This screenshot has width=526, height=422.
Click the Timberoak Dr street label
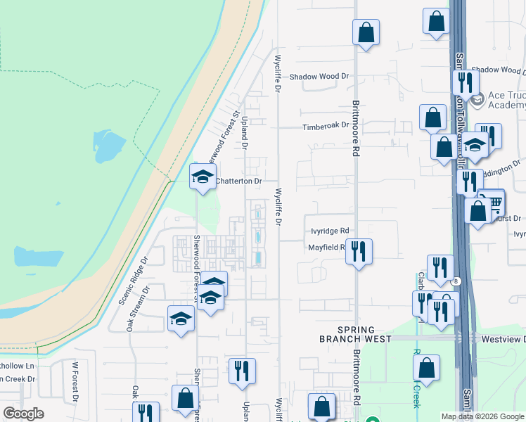click(x=326, y=126)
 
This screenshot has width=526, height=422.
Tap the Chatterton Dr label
click(x=238, y=181)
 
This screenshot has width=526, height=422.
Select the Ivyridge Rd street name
click(x=330, y=231)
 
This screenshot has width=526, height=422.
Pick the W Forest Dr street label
click(x=75, y=382)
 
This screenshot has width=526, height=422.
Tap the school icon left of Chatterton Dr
click(x=203, y=177)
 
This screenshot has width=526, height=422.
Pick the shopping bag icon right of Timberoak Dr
click(x=432, y=117)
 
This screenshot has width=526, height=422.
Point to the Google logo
click(x=23, y=414)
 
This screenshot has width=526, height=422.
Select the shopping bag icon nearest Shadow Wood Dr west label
click(x=366, y=32)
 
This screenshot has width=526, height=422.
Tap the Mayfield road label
click(x=325, y=248)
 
